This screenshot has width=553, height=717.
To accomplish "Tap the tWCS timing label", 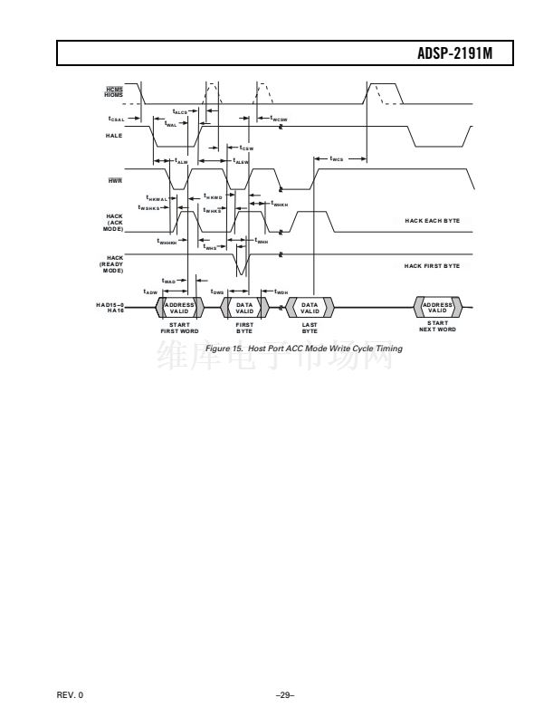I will [337, 159].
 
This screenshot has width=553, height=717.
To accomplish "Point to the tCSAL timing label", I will [115, 119].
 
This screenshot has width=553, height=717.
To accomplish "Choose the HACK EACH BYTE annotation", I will [432, 220].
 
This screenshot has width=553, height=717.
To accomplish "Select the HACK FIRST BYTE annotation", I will [432, 265].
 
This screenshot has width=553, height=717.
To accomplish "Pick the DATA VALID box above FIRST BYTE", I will [244, 308].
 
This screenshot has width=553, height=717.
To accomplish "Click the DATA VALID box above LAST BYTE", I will [310, 308].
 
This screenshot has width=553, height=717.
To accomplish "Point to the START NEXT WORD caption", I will [437, 326].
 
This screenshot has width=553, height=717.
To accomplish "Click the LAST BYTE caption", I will [310, 329].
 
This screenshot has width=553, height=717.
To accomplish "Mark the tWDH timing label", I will [281, 292].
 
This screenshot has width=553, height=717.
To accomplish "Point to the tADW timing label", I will [151, 292].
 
